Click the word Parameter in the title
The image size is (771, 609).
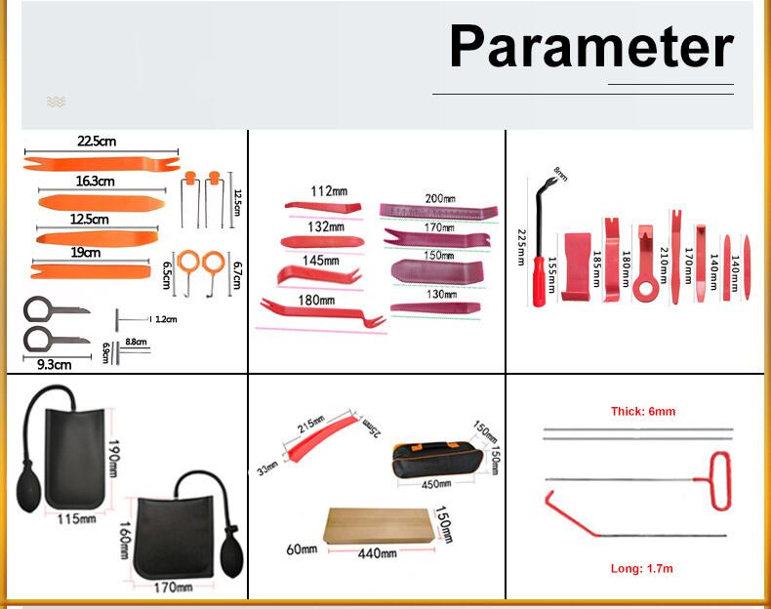[x=590, y=47]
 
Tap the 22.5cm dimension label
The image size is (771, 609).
[x=98, y=142]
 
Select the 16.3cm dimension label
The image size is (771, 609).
[x=95, y=182]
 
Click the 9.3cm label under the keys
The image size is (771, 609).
[x=55, y=365]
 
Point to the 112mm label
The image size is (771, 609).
[x=329, y=191]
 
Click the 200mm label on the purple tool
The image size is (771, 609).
[x=440, y=198]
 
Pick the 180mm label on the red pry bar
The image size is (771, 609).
[x=316, y=301]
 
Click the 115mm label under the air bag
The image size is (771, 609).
[x=77, y=518]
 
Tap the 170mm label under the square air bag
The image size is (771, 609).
[x=174, y=587]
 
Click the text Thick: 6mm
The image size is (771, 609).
[x=642, y=412]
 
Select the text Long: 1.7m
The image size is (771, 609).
[x=642, y=568]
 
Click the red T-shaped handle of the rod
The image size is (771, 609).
[x=719, y=480]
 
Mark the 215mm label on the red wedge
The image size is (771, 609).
[x=311, y=426]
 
